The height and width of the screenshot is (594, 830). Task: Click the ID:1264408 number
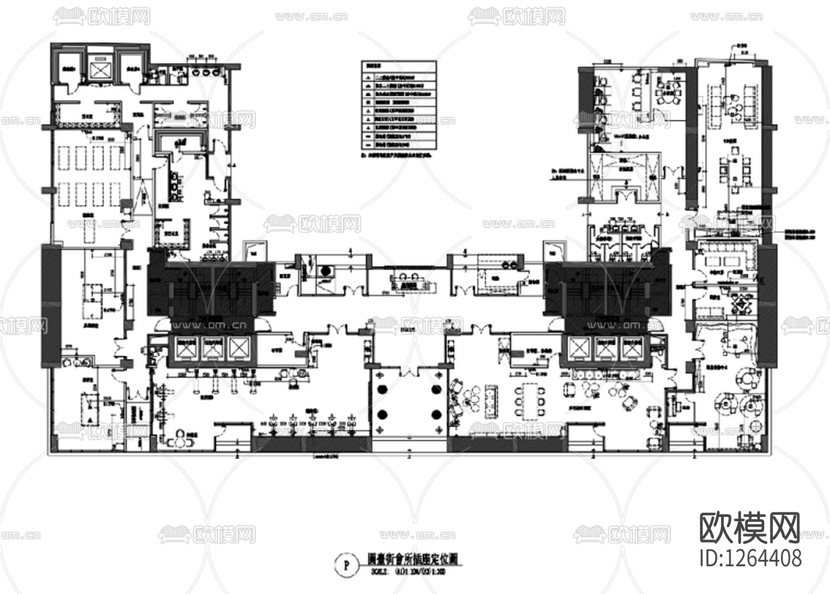click(750, 557)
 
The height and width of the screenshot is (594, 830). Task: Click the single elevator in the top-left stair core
click(101, 69)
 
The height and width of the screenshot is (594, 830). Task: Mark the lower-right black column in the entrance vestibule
click(436, 414)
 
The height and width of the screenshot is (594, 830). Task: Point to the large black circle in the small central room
click(326, 271)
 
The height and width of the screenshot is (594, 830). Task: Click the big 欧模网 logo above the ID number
click(749, 528)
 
